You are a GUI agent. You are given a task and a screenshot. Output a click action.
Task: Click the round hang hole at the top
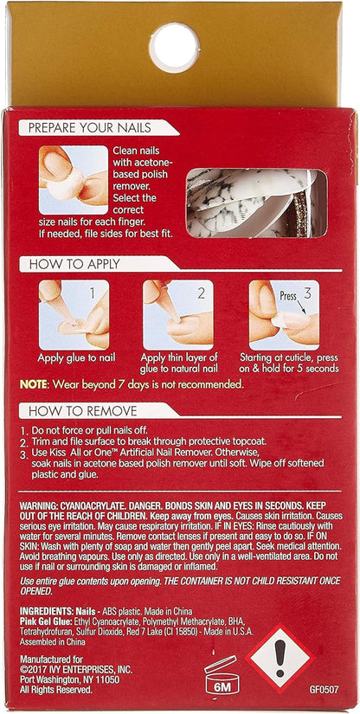click(x=174, y=48)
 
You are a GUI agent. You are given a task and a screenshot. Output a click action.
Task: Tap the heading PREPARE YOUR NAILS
click(x=90, y=128)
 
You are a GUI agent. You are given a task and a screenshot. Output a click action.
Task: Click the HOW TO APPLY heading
click(x=74, y=264)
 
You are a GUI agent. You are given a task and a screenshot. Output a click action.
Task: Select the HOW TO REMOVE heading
click(x=83, y=411)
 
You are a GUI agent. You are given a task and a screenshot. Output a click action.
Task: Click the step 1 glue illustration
click(x=74, y=315)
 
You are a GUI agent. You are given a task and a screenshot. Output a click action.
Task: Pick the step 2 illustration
click(x=178, y=315)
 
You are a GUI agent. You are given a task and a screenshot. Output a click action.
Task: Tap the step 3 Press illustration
click(x=284, y=315)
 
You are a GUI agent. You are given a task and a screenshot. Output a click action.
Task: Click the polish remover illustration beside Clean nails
click(x=74, y=180)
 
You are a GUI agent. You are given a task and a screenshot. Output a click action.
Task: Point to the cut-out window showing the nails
click(x=257, y=203)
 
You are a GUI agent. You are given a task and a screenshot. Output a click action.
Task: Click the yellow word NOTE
click(x=33, y=384)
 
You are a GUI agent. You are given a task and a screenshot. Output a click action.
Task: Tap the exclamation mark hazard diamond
click(x=280, y=659)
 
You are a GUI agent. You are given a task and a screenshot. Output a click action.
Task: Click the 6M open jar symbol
click(x=222, y=674)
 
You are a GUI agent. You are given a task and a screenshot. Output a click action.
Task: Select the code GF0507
click(x=324, y=690)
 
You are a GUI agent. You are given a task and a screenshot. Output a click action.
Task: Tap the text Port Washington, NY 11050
click(x=69, y=680)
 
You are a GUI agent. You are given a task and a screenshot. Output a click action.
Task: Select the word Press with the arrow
click(x=288, y=297)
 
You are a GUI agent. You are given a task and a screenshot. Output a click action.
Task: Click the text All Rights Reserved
click(x=56, y=690)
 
